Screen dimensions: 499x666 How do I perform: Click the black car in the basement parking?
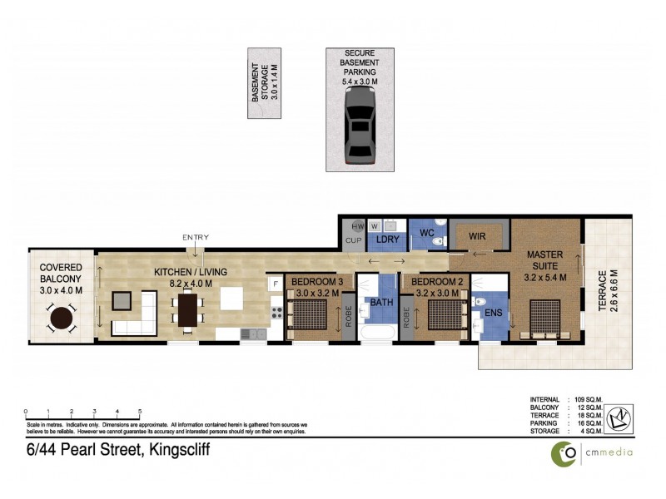tap(359, 126)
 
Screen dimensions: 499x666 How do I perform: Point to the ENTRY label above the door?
tap(196, 238)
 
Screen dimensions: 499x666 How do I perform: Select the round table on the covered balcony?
tap(62, 319)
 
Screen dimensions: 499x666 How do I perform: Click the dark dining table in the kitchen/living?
tap(188, 310)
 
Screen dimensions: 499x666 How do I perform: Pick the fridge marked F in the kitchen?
tap(275, 284)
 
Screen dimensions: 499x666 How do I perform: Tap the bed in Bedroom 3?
tap(314, 317)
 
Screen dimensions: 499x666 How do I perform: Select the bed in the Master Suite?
tap(547, 318)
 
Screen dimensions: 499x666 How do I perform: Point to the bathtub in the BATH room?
tap(380, 333)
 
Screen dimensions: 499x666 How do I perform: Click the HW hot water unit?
tap(357, 226)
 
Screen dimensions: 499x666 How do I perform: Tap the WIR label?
tap(477, 236)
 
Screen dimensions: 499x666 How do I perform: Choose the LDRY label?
tap(389, 240)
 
